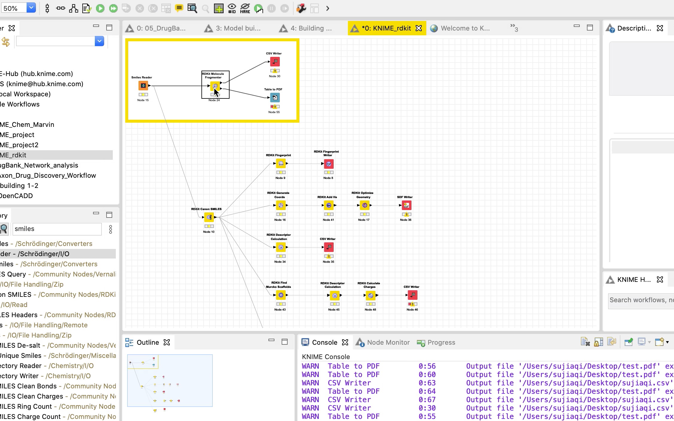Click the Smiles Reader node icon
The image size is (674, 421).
pos(143,86)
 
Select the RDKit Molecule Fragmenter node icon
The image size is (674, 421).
pos(215,86)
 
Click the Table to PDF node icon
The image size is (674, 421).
pos(275,98)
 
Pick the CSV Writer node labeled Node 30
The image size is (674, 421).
pos(275,62)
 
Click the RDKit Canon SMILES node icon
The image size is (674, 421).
pos(209,217)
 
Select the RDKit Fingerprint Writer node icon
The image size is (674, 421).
pos(329,164)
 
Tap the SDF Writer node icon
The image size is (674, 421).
pos(406,205)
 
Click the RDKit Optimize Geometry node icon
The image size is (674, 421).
pos(365,205)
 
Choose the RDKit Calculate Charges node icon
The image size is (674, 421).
pos(371,295)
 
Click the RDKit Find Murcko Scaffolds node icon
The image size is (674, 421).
pos(281,295)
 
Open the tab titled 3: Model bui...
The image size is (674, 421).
pos(238,28)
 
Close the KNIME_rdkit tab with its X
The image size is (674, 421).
pos(419,28)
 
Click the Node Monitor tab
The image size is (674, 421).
pos(388,342)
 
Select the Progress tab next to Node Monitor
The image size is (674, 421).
pos(441,342)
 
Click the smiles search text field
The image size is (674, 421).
pos(57,229)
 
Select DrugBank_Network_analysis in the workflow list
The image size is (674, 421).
pos(39,165)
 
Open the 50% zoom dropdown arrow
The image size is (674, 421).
pos(31,8)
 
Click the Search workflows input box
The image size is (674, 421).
pos(640,300)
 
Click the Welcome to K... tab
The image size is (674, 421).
pos(465,28)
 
